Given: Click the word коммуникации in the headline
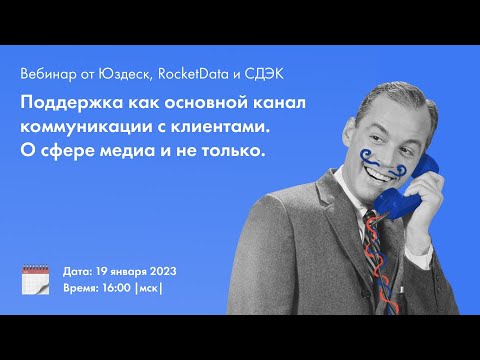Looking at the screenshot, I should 90,127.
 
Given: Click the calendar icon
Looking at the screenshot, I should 35,279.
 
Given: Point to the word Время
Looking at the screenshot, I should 82,287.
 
